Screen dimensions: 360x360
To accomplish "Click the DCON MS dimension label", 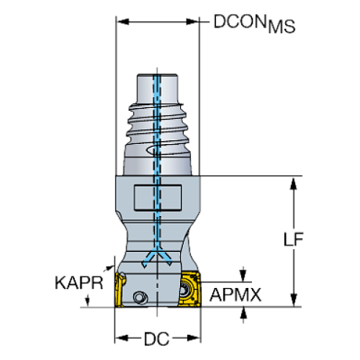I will pyautogui.click(x=253, y=24).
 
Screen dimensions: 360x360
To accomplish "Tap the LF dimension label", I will pyautogui.click(x=293, y=240).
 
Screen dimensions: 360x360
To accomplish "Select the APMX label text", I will pyautogui.click(x=236, y=295).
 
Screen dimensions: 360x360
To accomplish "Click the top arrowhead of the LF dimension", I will pyautogui.click(x=293, y=183).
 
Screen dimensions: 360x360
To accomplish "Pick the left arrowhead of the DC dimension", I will pyautogui.click(x=118, y=339).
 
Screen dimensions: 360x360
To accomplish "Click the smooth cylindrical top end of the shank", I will pyautogui.click(x=156, y=84).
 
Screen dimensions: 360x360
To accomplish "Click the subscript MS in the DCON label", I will pyautogui.click(x=281, y=29).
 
